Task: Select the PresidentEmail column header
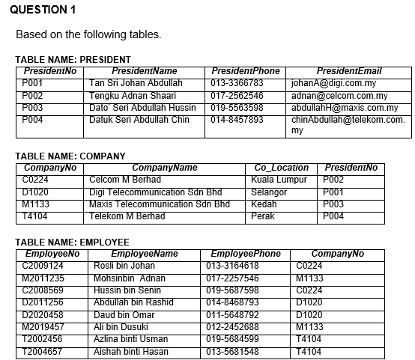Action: tap(349, 71)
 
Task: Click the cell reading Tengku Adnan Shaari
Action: tap(133, 96)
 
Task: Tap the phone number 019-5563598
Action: tap(237, 108)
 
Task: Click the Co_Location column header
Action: tap(282, 168)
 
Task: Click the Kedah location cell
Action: tap(264, 204)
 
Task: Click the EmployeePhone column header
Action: tap(246, 254)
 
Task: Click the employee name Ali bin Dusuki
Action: tap(119, 326)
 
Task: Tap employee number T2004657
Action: tap(43, 350)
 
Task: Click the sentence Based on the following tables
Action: tap(88, 35)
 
